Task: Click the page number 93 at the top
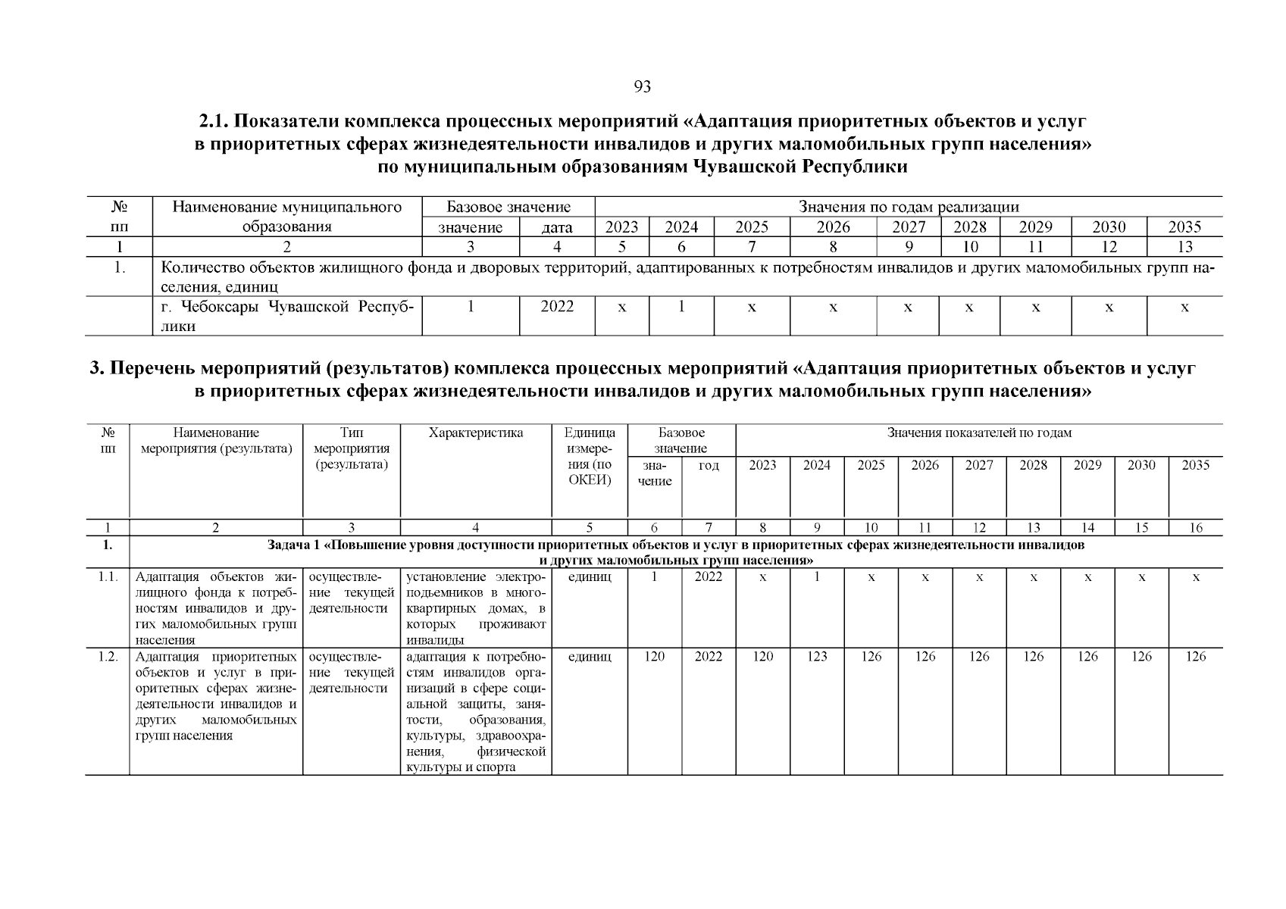[x=642, y=87]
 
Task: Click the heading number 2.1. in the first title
[x=214, y=121]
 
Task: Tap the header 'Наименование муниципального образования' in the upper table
[x=286, y=217]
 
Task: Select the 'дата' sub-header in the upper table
[x=557, y=227]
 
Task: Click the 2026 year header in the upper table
[x=833, y=227]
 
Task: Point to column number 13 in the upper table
[x=1184, y=246]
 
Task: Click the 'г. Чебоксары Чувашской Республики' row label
[x=286, y=316]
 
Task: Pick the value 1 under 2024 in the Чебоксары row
[x=681, y=307]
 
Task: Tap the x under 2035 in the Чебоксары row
[x=1184, y=307]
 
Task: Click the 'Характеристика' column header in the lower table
[x=475, y=433]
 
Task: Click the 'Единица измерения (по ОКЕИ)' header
[x=590, y=456]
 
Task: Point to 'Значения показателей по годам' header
[x=979, y=433]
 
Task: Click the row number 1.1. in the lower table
[x=108, y=576]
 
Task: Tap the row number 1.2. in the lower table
[x=108, y=657]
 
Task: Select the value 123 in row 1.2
[x=816, y=657]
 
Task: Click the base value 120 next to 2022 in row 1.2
[x=654, y=657]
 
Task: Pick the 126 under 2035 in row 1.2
[x=1195, y=657]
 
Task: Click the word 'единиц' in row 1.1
[x=590, y=576]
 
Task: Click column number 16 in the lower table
[x=1195, y=528]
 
